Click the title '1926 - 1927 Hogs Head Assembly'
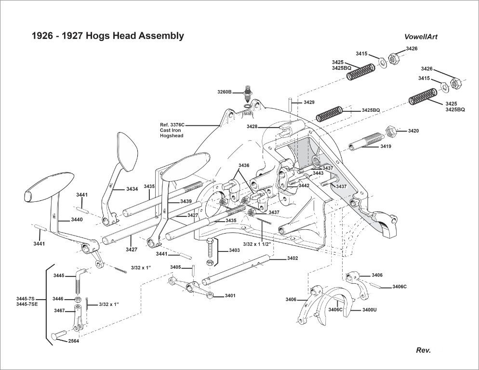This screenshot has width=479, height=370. pos(107,36)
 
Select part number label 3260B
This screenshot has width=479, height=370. pos(225,92)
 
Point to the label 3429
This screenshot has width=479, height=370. pos(309,103)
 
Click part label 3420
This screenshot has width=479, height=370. pos(413,131)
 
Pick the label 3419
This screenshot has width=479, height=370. pos(386,145)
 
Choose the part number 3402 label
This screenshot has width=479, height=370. pos(293,258)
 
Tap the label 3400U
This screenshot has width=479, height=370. pos(369,309)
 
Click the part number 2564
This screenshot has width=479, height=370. pos(74,341)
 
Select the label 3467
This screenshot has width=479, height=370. pos(59,310)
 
